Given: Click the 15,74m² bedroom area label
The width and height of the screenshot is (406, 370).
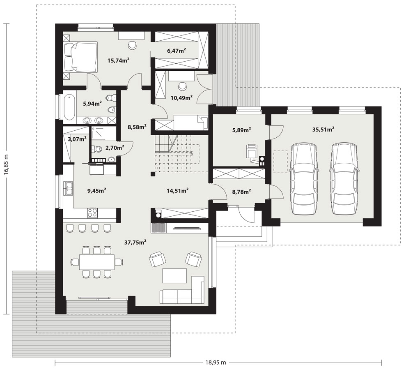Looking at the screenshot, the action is [x=118, y=60].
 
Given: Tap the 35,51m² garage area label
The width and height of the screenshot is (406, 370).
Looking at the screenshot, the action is [x=323, y=129].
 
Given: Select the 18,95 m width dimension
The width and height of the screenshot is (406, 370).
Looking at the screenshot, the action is [x=216, y=362].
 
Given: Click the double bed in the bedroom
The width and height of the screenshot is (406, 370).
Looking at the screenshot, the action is [x=80, y=56].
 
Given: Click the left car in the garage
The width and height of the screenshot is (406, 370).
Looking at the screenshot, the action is [x=304, y=179].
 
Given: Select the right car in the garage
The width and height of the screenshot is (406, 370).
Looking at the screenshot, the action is [x=344, y=179].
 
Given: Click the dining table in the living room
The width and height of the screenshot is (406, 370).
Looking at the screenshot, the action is [x=97, y=262].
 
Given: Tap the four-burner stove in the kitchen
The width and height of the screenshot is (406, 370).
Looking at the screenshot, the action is [x=92, y=213].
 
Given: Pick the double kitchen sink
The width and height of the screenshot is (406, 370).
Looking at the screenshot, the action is [x=69, y=189].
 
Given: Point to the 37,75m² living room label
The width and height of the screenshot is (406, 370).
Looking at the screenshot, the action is [x=135, y=242].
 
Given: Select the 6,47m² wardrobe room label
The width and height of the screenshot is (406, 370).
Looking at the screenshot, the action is [x=177, y=51].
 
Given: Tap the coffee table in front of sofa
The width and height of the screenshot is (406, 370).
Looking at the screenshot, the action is [x=174, y=276].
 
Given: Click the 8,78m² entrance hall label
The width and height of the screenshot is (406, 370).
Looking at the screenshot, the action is [x=241, y=192].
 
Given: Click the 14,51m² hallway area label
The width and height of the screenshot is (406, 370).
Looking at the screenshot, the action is [x=177, y=191].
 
